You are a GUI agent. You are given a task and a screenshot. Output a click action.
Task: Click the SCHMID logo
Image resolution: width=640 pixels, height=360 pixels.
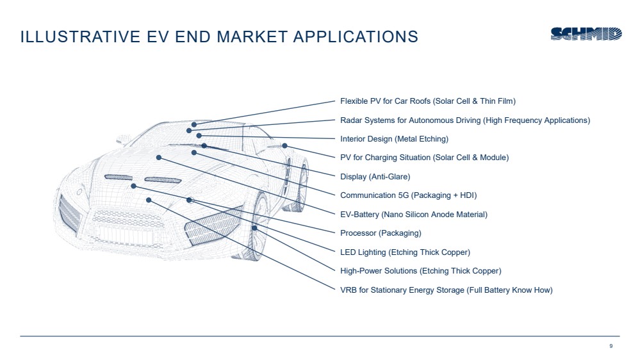click(586, 35)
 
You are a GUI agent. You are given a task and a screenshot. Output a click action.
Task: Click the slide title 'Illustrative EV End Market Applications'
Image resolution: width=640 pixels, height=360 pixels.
click(219, 37)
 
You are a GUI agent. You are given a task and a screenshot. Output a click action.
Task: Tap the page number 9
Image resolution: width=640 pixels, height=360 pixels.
click(611, 346)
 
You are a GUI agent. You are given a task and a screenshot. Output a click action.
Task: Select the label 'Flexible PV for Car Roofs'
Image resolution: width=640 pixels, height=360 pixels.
click(427, 101)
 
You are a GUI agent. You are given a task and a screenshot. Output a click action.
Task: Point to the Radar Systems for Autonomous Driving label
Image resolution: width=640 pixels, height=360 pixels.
click(464, 120)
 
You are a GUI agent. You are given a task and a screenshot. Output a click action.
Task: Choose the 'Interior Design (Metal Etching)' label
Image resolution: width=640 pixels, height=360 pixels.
click(394, 138)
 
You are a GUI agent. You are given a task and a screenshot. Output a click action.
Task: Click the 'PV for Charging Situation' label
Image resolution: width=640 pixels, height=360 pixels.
click(424, 158)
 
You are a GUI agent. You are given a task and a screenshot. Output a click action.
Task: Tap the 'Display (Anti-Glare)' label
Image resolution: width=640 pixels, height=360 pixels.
click(375, 176)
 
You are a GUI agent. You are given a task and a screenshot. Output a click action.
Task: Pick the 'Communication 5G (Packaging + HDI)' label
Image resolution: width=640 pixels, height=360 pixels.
click(408, 195)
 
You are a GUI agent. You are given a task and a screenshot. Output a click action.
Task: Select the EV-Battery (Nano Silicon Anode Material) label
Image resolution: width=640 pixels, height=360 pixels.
click(413, 214)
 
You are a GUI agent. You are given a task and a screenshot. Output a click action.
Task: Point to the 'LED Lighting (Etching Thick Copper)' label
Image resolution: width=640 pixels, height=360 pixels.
click(405, 252)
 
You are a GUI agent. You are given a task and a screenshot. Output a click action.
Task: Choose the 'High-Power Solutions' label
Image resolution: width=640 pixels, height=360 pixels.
click(420, 271)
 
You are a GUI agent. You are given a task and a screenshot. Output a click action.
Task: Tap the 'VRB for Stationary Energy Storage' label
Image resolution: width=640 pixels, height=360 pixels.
click(446, 290)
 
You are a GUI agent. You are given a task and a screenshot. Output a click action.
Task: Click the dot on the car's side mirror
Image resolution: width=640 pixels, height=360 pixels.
click(284, 145)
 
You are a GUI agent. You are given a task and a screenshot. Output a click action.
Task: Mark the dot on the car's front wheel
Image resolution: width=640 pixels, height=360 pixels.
click(254, 227)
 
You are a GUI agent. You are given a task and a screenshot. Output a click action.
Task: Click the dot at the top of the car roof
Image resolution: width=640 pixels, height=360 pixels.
click(193, 124)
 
